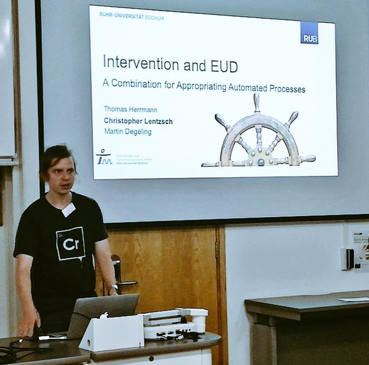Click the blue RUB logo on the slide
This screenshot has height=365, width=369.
[309, 32]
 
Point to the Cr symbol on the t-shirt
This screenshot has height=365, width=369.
[70, 244]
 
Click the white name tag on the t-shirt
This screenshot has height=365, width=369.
[69, 210]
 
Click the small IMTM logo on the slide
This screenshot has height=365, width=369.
[103, 157]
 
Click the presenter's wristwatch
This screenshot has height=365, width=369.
[114, 288]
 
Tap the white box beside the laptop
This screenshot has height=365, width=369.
[112, 333]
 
